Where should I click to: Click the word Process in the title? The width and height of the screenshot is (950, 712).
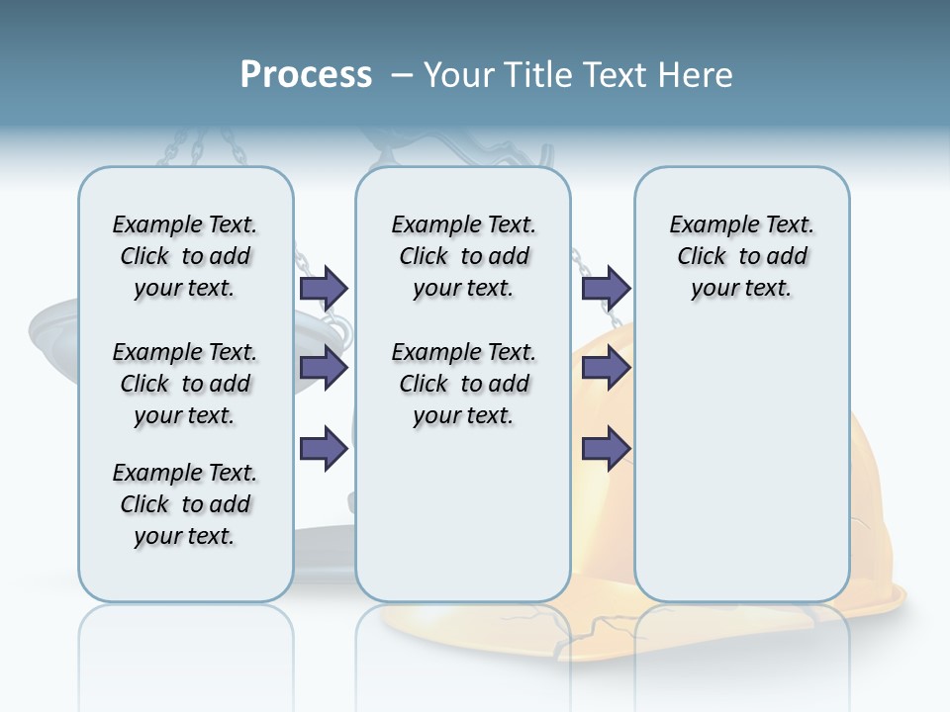coord(306,75)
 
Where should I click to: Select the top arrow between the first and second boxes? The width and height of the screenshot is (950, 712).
coord(324,288)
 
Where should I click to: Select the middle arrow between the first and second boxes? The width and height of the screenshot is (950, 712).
coord(324,368)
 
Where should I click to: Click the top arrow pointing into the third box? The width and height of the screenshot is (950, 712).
coord(606,288)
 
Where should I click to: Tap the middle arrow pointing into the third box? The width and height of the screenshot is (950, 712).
coord(606,368)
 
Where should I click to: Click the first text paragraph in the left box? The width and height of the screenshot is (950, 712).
coord(185,256)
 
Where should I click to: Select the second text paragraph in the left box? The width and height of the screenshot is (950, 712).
coord(185,384)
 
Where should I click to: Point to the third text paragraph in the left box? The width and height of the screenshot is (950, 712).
coord(185,504)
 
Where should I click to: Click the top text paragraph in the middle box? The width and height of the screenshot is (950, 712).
coord(463,256)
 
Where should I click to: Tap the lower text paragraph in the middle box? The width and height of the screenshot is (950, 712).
coord(463,384)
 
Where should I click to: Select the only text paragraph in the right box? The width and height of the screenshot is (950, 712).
coord(741,256)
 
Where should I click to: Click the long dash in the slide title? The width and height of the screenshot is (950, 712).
coord(402,75)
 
